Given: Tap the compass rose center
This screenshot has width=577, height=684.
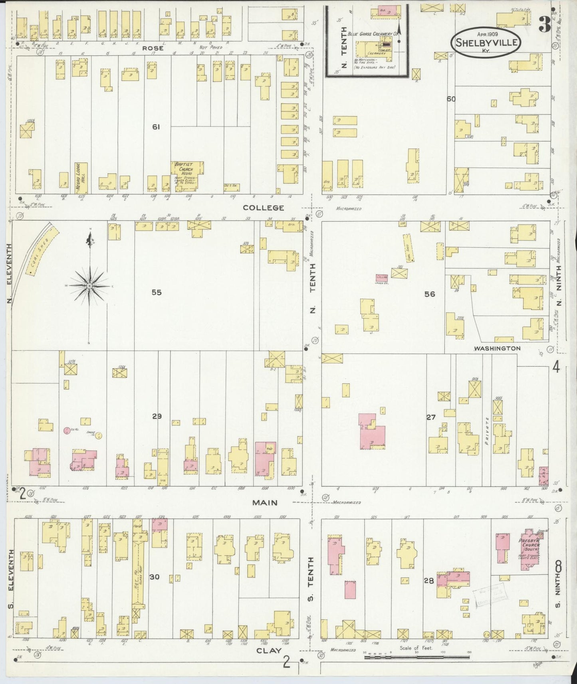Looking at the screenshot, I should (x=90, y=287).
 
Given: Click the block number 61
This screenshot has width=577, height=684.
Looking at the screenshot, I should (x=156, y=127).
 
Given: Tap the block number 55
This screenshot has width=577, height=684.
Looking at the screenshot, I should (x=156, y=293).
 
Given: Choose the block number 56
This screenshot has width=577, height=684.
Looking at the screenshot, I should (x=430, y=294).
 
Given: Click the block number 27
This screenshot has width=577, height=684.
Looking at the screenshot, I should (x=430, y=417).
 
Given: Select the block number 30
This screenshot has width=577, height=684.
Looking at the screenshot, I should (x=155, y=577).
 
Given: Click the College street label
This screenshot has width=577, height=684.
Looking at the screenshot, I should (x=264, y=208).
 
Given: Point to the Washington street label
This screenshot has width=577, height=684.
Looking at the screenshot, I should (x=497, y=348).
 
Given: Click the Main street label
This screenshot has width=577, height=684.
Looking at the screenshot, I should (x=264, y=502).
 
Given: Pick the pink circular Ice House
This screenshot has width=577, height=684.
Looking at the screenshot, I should (x=67, y=430).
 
